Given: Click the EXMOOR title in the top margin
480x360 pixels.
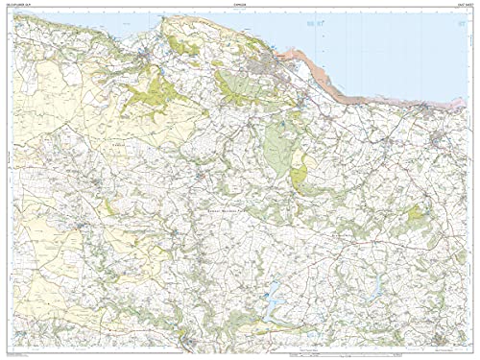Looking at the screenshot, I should click(x=239, y=6).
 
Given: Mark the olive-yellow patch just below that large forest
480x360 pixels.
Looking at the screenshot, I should click(x=300, y=174).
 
